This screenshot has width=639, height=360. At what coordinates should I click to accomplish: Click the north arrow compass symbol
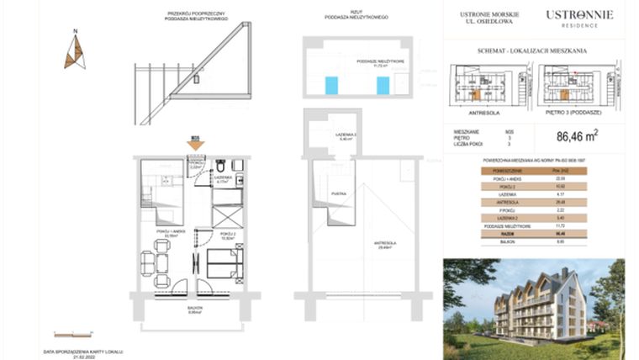[x=75, y=50]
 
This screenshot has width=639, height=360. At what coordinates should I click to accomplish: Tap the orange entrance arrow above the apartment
[x=195, y=144]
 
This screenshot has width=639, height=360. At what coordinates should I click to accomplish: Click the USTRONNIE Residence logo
[x=579, y=17]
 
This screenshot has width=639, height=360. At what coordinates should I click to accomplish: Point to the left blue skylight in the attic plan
[x=332, y=86]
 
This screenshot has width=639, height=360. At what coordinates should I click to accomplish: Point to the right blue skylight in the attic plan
[x=383, y=86]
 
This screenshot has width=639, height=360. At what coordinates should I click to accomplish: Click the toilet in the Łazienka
[x=220, y=165]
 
